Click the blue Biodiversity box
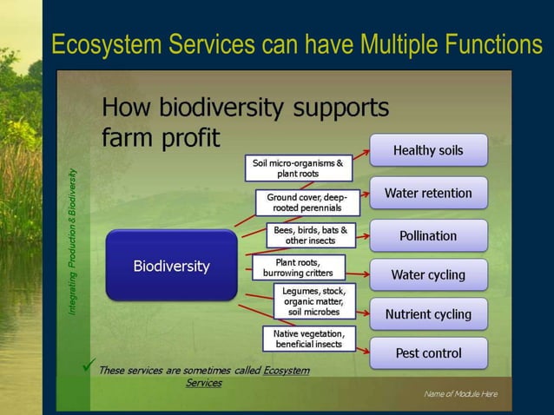(x=171, y=266)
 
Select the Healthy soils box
(x=428, y=150)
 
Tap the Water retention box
(x=428, y=193)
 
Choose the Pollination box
(x=428, y=235)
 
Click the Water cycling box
(x=428, y=274)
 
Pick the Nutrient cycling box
(x=428, y=314)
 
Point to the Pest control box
(x=428, y=353)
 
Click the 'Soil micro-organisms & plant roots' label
(x=297, y=168)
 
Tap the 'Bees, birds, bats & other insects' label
(x=310, y=235)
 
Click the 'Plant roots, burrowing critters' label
(x=298, y=267)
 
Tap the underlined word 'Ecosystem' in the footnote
(x=286, y=371)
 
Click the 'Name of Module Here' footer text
(x=460, y=394)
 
